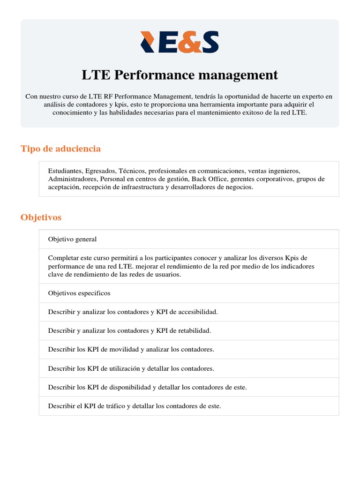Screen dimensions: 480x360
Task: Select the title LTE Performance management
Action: (x=180, y=75)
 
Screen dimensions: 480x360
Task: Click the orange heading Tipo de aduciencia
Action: (x=60, y=149)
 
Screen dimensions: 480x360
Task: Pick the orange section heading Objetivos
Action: (x=41, y=217)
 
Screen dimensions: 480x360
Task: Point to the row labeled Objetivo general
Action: (x=72, y=239)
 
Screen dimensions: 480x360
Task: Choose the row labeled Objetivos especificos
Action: (x=79, y=293)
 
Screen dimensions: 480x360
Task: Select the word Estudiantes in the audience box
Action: (x=65, y=171)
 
